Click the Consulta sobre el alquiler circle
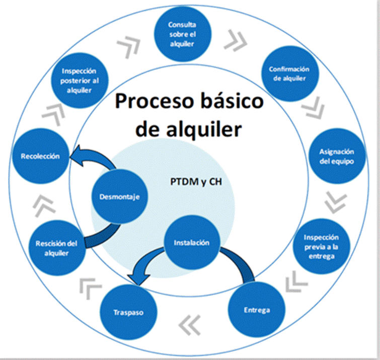click(x=182, y=34)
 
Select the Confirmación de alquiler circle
click(x=289, y=73)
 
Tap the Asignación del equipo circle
click(x=337, y=156)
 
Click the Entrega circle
click(x=256, y=309)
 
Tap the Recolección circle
click(x=40, y=156)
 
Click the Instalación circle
click(x=191, y=243)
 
